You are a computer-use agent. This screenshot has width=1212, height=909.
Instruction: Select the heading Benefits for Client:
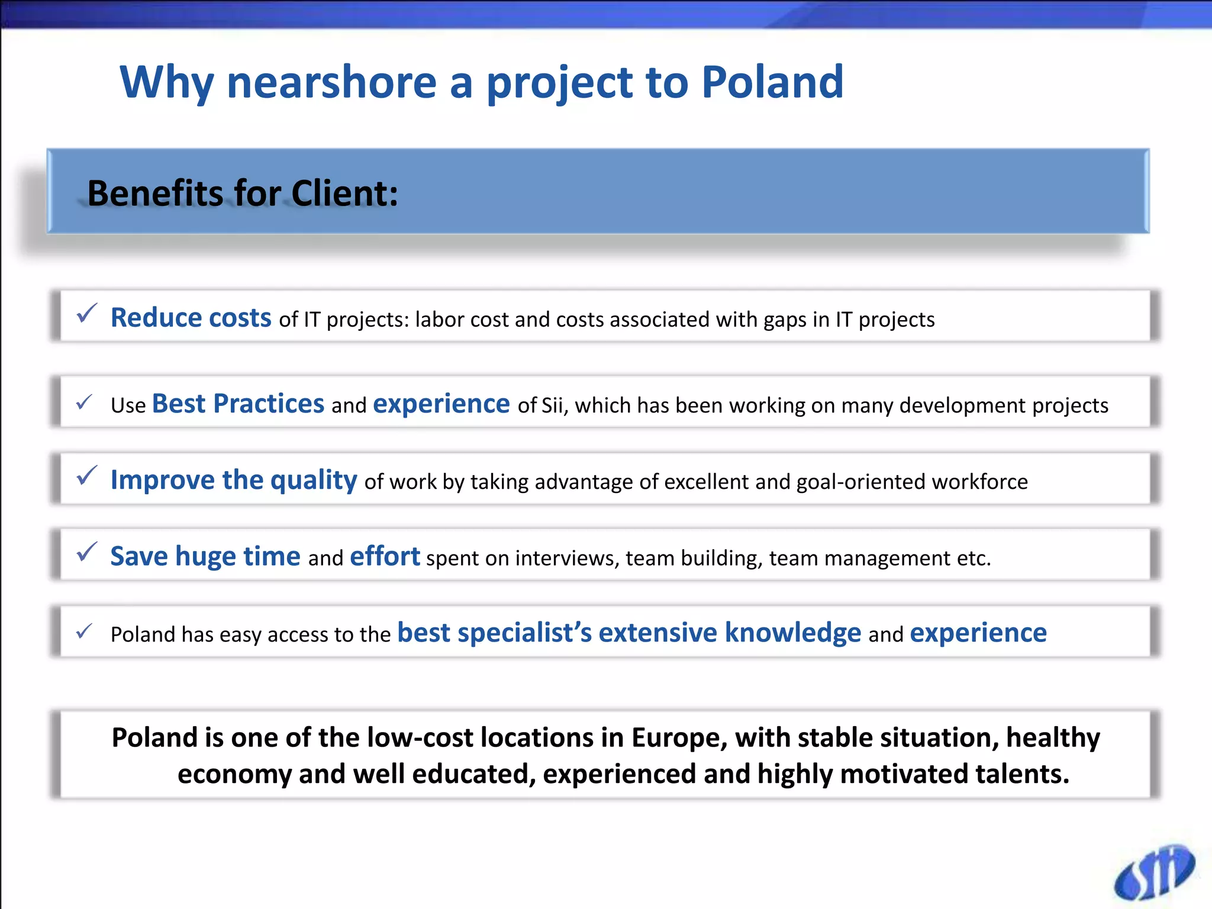pos(243,193)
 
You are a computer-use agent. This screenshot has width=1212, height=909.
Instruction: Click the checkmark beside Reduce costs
pos(86,314)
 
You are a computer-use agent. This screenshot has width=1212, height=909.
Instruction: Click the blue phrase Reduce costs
pos(191,318)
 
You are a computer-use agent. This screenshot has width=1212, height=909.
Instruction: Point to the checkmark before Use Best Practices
pos(84,402)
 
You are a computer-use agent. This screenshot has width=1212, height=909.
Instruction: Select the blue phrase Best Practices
pos(238,404)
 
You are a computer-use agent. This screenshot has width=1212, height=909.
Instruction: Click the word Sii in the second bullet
pos(550,405)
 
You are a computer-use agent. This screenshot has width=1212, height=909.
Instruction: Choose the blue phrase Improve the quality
pos(234,479)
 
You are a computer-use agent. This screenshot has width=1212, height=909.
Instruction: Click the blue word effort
pos(385,556)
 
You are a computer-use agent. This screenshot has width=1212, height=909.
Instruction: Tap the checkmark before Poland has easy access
pos(84,631)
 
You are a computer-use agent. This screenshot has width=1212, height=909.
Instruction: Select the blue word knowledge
pos(792,632)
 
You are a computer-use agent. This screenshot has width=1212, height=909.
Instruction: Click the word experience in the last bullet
pos(978,633)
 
